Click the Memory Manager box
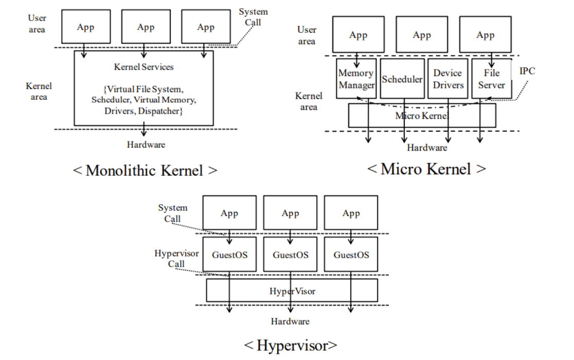(x=356, y=79)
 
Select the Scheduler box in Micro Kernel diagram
(x=402, y=79)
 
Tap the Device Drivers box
(x=447, y=79)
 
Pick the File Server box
(x=491, y=79)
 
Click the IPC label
(x=527, y=71)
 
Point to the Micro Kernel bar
(x=422, y=116)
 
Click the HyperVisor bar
(x=292, y=291)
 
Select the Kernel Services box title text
(x=143, y=67)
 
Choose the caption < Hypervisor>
(x=291, y=345)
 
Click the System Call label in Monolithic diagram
(x=253, y=17)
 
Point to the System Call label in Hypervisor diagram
(x=172, y=213)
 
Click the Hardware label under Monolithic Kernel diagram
(x=146, y=145)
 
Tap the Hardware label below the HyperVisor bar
(x=291, y=321)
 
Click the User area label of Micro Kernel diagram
(x=307, y=35)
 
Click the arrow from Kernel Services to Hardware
(x=144, y=130)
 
